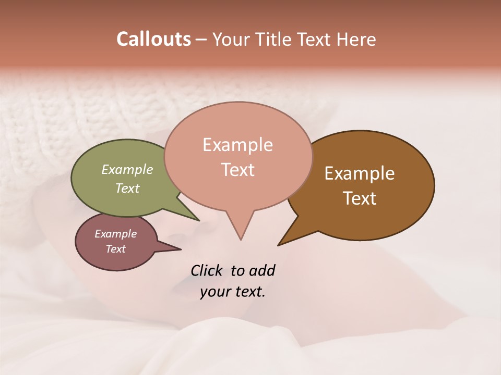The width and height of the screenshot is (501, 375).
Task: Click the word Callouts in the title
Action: coord(153,39)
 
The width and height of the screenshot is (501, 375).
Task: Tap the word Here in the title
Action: coord(356,39)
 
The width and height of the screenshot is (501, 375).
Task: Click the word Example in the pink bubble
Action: coord(237,145)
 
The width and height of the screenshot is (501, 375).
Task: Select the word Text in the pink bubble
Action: coord(238,170)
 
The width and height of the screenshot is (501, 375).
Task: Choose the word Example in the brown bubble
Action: coord(360,173)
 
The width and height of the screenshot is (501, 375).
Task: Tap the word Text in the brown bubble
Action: coord(360,198)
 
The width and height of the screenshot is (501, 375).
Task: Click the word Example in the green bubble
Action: coord(127,169)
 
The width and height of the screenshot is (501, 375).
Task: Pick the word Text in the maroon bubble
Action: coord(115,249)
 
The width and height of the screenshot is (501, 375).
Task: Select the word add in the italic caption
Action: coord(262,270)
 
